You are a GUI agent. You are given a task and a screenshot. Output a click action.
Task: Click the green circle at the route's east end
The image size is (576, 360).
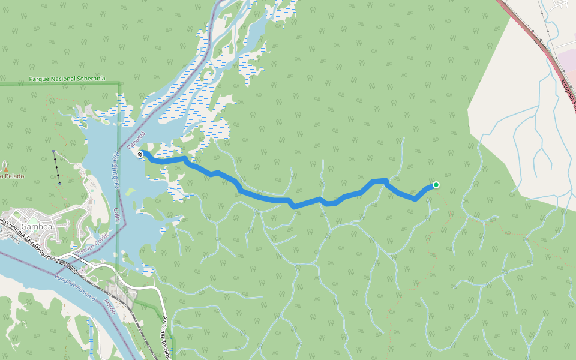click(x=436, y=185)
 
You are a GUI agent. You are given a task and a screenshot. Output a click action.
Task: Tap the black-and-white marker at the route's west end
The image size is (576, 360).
click(x=140, y=154)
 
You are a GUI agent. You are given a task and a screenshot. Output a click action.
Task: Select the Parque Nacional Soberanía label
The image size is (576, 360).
click(x=67, y=79)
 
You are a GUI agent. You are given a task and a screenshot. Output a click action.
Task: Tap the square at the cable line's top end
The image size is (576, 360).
click(x=53, y=151)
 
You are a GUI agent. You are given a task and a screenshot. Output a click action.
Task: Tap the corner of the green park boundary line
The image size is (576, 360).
click(x=119, y=84)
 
